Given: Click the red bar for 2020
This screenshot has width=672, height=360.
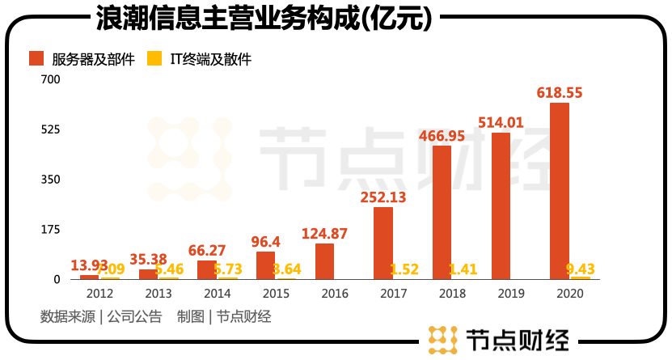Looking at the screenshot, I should tap(560, 191).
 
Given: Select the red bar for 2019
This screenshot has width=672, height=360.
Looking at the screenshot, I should tap(501, 206).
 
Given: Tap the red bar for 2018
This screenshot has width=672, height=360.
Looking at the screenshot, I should tap(442, 213).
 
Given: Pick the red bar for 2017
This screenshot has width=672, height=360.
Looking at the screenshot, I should tap(383, 244).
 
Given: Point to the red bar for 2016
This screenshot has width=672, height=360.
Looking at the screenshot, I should tap(324, 261).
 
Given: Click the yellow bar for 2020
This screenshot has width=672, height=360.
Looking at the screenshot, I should tap(580, 277).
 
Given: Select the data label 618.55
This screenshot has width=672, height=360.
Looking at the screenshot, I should tap(560, 93).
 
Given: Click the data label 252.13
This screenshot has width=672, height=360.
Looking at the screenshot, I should tap(383, 197).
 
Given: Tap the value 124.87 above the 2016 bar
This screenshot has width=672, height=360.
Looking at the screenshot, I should tap(324, 234).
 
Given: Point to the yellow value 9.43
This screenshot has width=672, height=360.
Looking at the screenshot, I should tap(580, 269).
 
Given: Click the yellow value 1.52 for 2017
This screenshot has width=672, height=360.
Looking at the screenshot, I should tap(404, 269).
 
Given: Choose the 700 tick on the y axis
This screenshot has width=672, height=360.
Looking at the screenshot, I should tap(50, 79).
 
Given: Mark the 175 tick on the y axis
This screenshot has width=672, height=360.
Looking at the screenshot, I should tap(50, 230).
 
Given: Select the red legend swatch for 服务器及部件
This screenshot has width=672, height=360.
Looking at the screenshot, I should tap(36, 58).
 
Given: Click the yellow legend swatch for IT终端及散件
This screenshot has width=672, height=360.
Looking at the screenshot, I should tap(154, 58).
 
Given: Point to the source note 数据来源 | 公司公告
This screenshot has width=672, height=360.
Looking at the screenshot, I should tap(101, 317).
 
